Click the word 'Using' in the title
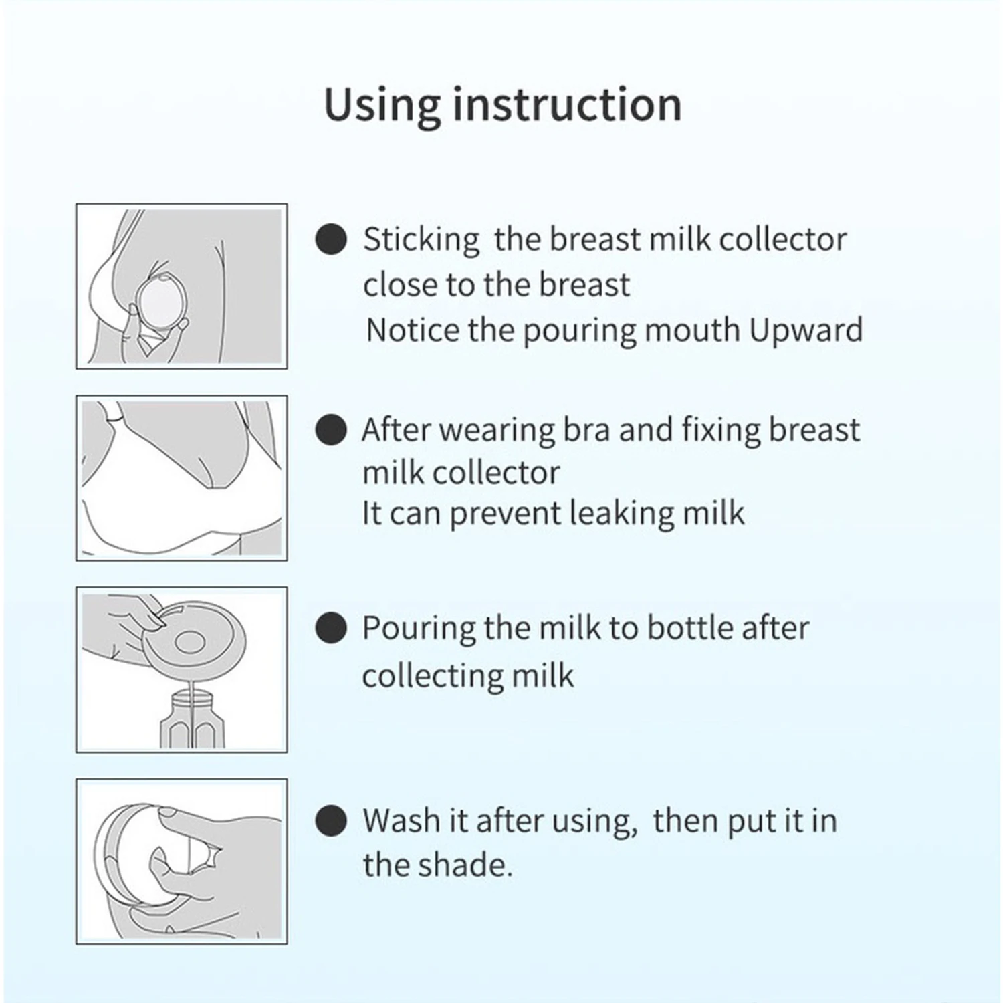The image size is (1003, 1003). click(x=382, y=106)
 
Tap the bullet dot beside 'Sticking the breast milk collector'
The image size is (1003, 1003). click(x=330, y=239)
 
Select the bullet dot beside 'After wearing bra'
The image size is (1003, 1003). click(x=330, y=429)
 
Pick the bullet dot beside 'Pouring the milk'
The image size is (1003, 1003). click(x=330, y=629)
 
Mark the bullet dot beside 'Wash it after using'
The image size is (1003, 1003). click(x=330, y=820)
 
